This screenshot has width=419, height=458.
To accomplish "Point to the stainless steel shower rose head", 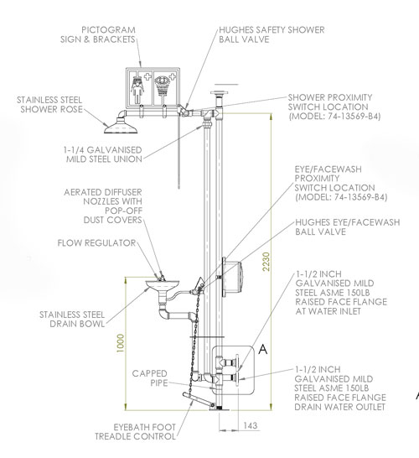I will point(120,127).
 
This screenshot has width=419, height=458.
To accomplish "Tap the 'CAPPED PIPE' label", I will point(150,377).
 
